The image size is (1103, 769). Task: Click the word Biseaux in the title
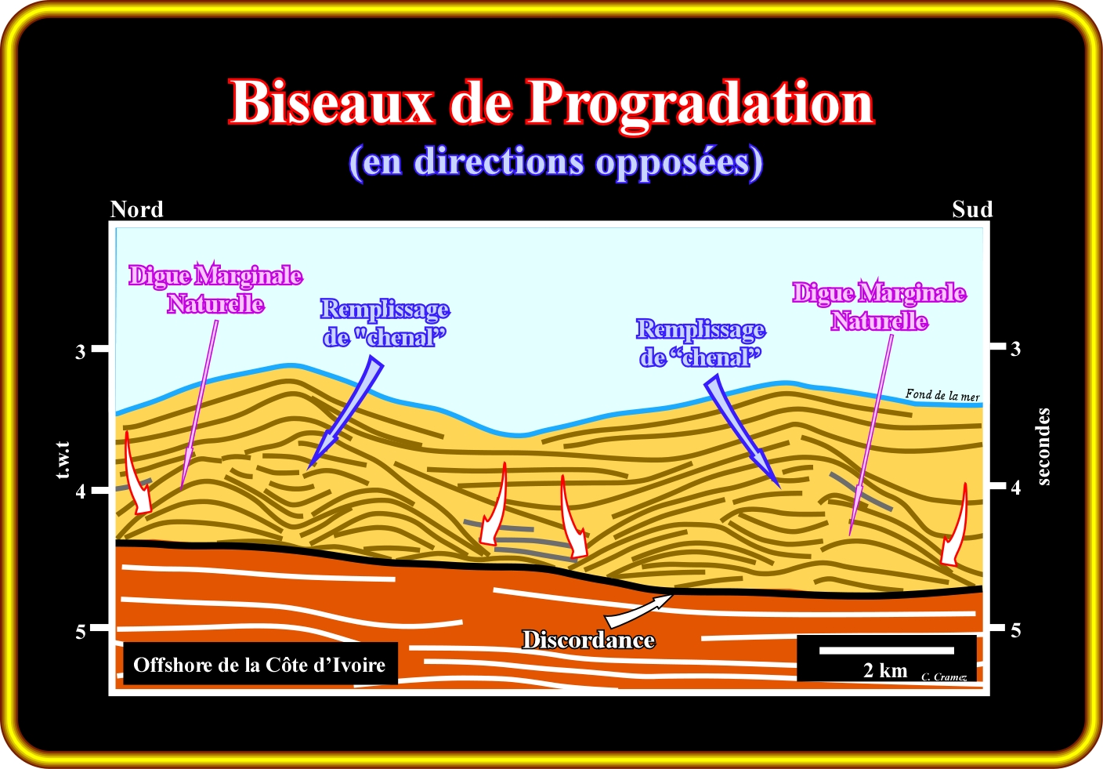pyautogui.click(x=331, y=102)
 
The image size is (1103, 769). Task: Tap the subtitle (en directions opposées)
pyautogui.click(x=555, y=162)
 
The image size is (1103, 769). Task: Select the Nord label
pyautogui.click(x=136, y=209)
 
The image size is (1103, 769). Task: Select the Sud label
pyautogui.click(x=972, y=209)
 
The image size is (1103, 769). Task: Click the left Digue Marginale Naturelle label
pyautogui.click(x=215, y=289)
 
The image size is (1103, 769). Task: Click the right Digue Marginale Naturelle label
pyautogui.click(x=879, y=307)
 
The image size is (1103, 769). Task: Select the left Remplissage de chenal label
pyautogui.click(x=385, y=323)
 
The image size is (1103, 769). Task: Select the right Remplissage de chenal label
pyautogui.click(x=700, y=343)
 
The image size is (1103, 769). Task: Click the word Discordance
pyautogui.click(x=588, y=640)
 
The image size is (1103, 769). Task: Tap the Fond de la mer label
pyautogui.click(x=942, y=395)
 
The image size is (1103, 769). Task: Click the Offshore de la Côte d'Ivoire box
pyautogui.click(x=259, y=665)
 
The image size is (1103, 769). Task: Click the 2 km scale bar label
pyautogui.click(x=885, y=670)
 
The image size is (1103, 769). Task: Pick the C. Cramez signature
pyautogui.click(x=944, y=677)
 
